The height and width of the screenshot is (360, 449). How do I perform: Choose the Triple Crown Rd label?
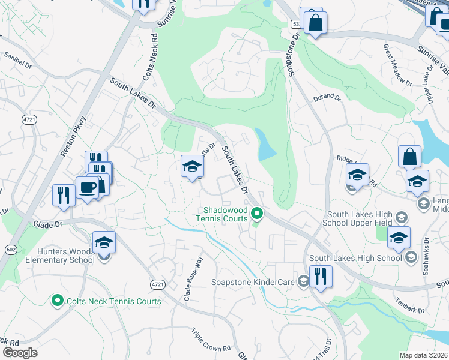pyautogui.click(x=211, y=340)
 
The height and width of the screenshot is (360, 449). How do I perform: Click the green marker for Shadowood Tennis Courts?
pyautogui.click(x=257, y=212)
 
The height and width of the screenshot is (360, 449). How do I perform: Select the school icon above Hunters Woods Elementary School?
pyautogui.click(x=104, y=242)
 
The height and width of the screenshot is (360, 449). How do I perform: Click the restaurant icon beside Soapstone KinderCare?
pyautogui.click(x=321, y=277)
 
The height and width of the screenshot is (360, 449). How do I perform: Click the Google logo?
pyautogui.click(x=20, y=353)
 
